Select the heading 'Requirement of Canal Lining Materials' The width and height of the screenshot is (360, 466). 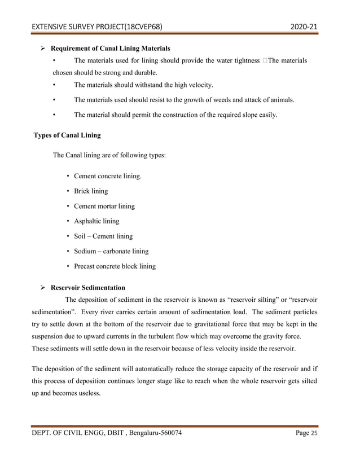110,48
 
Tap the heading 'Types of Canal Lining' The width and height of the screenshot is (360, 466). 68,135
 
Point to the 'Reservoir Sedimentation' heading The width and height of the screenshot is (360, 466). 88,288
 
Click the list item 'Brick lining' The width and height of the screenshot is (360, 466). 91,191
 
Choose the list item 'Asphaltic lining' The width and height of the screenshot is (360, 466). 96,221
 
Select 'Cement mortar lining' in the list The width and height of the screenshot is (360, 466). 104,206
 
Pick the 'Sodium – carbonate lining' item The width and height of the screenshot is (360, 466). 111,251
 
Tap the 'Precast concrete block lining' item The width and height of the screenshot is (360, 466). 115,266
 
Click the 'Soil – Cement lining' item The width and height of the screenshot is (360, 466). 103,236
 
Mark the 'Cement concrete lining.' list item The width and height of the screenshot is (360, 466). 108,177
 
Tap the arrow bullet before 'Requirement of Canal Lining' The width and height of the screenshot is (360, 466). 42,49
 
